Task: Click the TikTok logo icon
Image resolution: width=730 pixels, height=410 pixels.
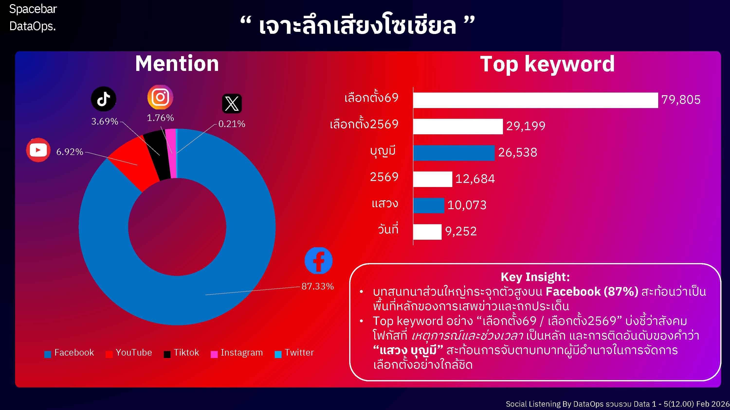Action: coord(103,99)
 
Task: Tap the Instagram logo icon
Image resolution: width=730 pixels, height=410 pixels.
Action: coord(160,97)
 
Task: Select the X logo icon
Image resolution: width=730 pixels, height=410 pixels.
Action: coord(232,103)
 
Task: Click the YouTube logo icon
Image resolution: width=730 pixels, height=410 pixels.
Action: coord(38,150)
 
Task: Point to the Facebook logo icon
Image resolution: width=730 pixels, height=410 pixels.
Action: coord(319,261)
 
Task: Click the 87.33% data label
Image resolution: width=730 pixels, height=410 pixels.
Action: coord(317,286)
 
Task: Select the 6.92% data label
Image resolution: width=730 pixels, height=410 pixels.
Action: coord(70,152)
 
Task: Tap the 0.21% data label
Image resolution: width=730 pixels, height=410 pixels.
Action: coord(231,124)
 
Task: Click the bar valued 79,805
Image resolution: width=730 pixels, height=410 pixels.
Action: coord(535,100)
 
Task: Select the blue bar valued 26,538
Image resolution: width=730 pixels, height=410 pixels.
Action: coord(454,153)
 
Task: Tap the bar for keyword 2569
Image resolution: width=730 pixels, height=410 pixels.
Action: coord(432,179)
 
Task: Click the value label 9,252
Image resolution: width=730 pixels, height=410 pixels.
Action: coord(461,231)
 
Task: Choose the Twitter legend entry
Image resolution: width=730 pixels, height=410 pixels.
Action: coord(295,353)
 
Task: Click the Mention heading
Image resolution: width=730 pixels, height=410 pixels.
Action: coord(177,63)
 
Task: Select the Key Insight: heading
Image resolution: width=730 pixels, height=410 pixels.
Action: coord(535,277)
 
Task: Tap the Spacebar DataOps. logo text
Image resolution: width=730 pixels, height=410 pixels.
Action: coord(33,17)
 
